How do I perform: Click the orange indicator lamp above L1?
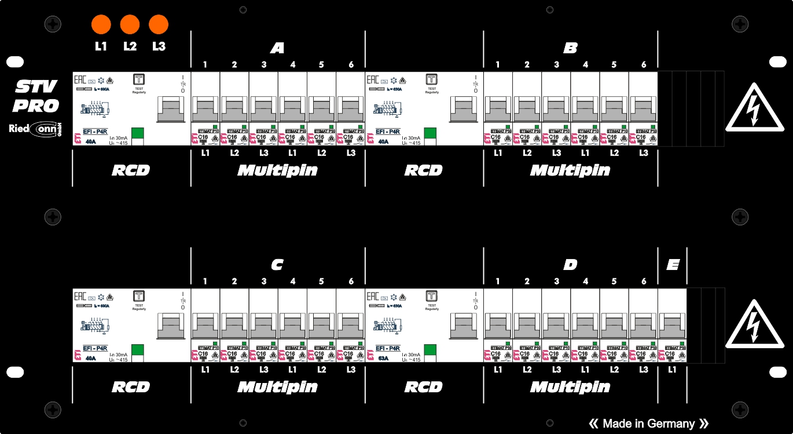(101, 25)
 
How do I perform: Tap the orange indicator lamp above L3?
(159, 25)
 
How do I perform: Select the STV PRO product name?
(36, 96)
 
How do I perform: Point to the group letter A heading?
(277, 48)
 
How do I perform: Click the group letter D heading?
(570, 265)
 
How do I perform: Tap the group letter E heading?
(672, 265)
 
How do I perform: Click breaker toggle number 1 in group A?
(205, 109)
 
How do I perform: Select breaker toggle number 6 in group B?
(643, 109)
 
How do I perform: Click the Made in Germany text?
(648, 424)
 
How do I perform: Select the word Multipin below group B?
(570, 170)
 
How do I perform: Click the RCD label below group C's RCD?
(131, 387)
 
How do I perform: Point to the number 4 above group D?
(585, 282)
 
